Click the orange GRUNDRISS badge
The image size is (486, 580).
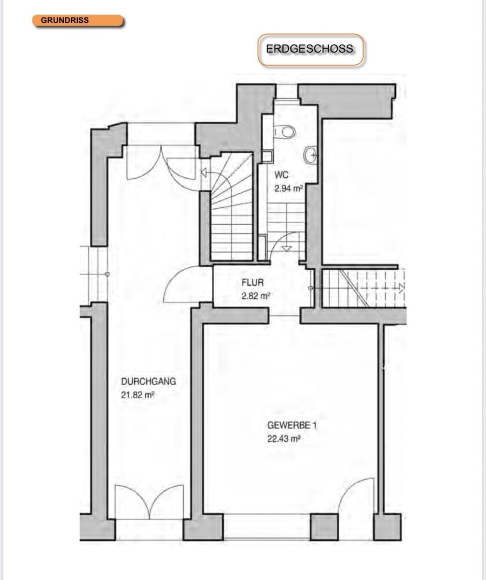tap(78, 21)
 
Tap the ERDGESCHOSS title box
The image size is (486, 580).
tap(311, 49)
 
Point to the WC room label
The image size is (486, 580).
tap(281, 175)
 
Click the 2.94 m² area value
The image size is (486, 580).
tap(288, 188)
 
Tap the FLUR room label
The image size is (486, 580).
tap(252, 283)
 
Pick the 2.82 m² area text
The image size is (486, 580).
tap(255, 296)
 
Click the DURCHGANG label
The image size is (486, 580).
tap(149, 381)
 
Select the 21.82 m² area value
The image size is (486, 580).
tap(138, 395)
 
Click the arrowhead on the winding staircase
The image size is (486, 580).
tap(203, 173)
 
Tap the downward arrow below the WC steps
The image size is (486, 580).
tap(287, 248)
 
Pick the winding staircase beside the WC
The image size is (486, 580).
tap(231, 206)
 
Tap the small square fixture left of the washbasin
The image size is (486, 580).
tap(267, 157)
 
